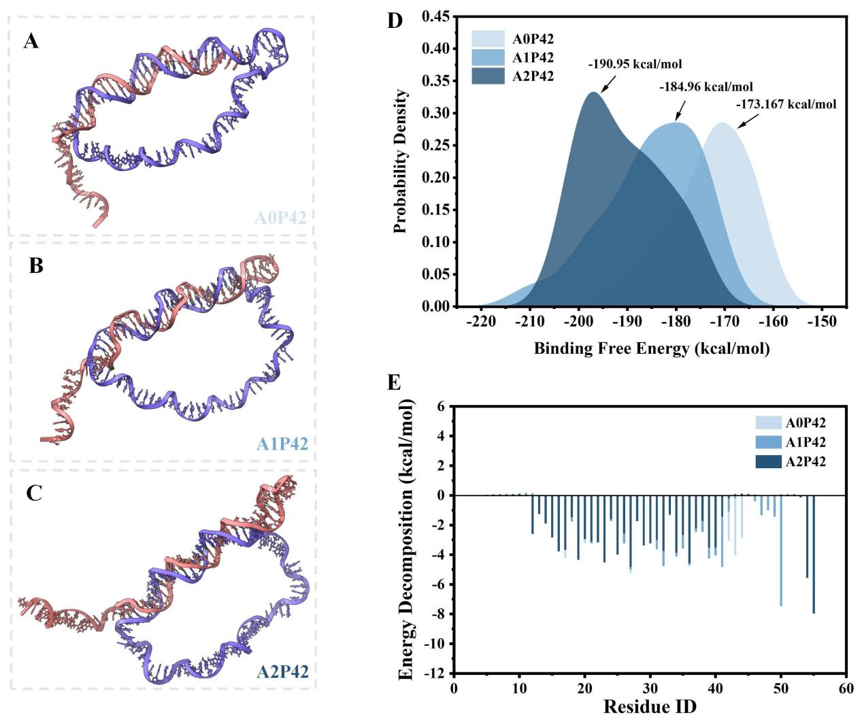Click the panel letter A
(x=31, y=42)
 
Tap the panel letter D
(x=395, y=21)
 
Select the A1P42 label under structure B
(x=282, y=444)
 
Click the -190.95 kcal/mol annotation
(x=635, y=65)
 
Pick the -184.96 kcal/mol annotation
(x=706, y=87)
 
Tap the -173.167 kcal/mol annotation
(x=785, y=105)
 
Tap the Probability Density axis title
(x=401, y=161)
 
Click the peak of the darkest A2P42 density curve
(x=594, y=93)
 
